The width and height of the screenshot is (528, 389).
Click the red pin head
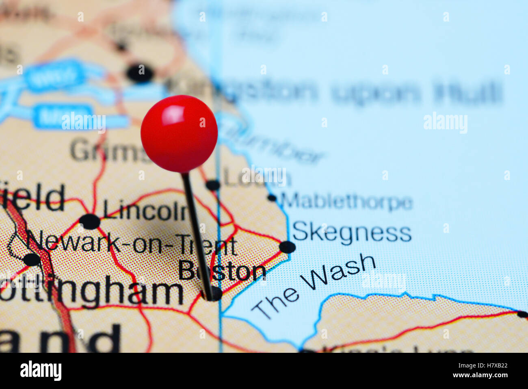[179, 133]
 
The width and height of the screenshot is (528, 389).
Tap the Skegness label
[352, 233]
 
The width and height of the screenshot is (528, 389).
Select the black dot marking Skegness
[287, 247]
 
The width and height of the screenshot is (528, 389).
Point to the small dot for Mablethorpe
[272, 198]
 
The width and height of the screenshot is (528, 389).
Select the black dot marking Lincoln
[89, 222]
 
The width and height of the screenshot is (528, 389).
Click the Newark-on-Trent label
[132, 245]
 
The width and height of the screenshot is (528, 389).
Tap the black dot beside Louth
[212, 185]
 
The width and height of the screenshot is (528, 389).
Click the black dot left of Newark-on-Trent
[32, 259]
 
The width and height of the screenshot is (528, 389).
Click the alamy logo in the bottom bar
[41, 371]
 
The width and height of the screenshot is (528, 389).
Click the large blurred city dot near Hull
[140, 74]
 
